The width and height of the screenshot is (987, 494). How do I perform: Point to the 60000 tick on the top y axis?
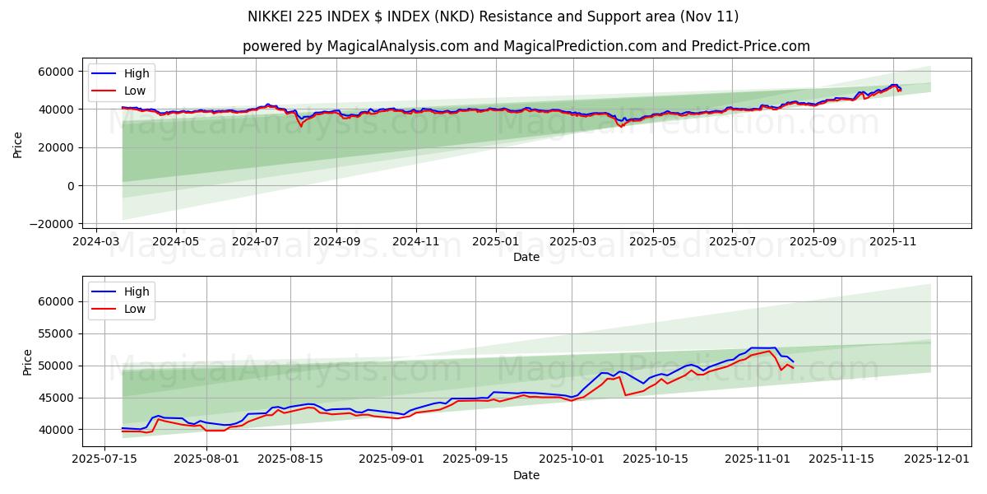point(57,72)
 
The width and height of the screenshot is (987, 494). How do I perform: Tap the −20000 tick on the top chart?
point(52,224)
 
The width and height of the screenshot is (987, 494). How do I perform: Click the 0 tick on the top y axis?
point(72,186)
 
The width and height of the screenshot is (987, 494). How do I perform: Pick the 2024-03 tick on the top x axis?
point(97,243)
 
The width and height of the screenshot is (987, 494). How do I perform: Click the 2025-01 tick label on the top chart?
point(495,243)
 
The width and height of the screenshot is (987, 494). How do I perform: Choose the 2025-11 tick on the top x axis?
point(892,243)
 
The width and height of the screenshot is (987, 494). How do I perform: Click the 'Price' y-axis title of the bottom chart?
point(28,362)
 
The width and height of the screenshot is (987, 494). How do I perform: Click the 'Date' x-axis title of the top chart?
point(526,257)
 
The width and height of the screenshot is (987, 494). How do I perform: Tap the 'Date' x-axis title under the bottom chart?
point(526,475)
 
